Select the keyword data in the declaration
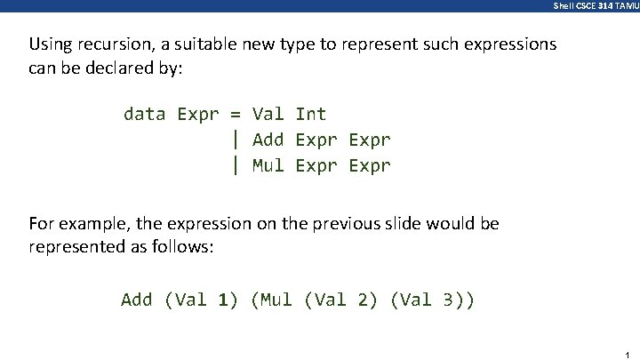145,114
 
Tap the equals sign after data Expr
236,114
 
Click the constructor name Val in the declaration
268,114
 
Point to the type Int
311,114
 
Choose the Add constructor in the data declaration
268,140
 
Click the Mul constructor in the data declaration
268,165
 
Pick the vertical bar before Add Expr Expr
236,140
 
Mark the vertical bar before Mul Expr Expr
236,165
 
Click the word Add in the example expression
137,300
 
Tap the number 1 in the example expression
223,300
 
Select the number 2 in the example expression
363,300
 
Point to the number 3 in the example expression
449,300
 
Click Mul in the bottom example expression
276,300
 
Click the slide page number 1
628,355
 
